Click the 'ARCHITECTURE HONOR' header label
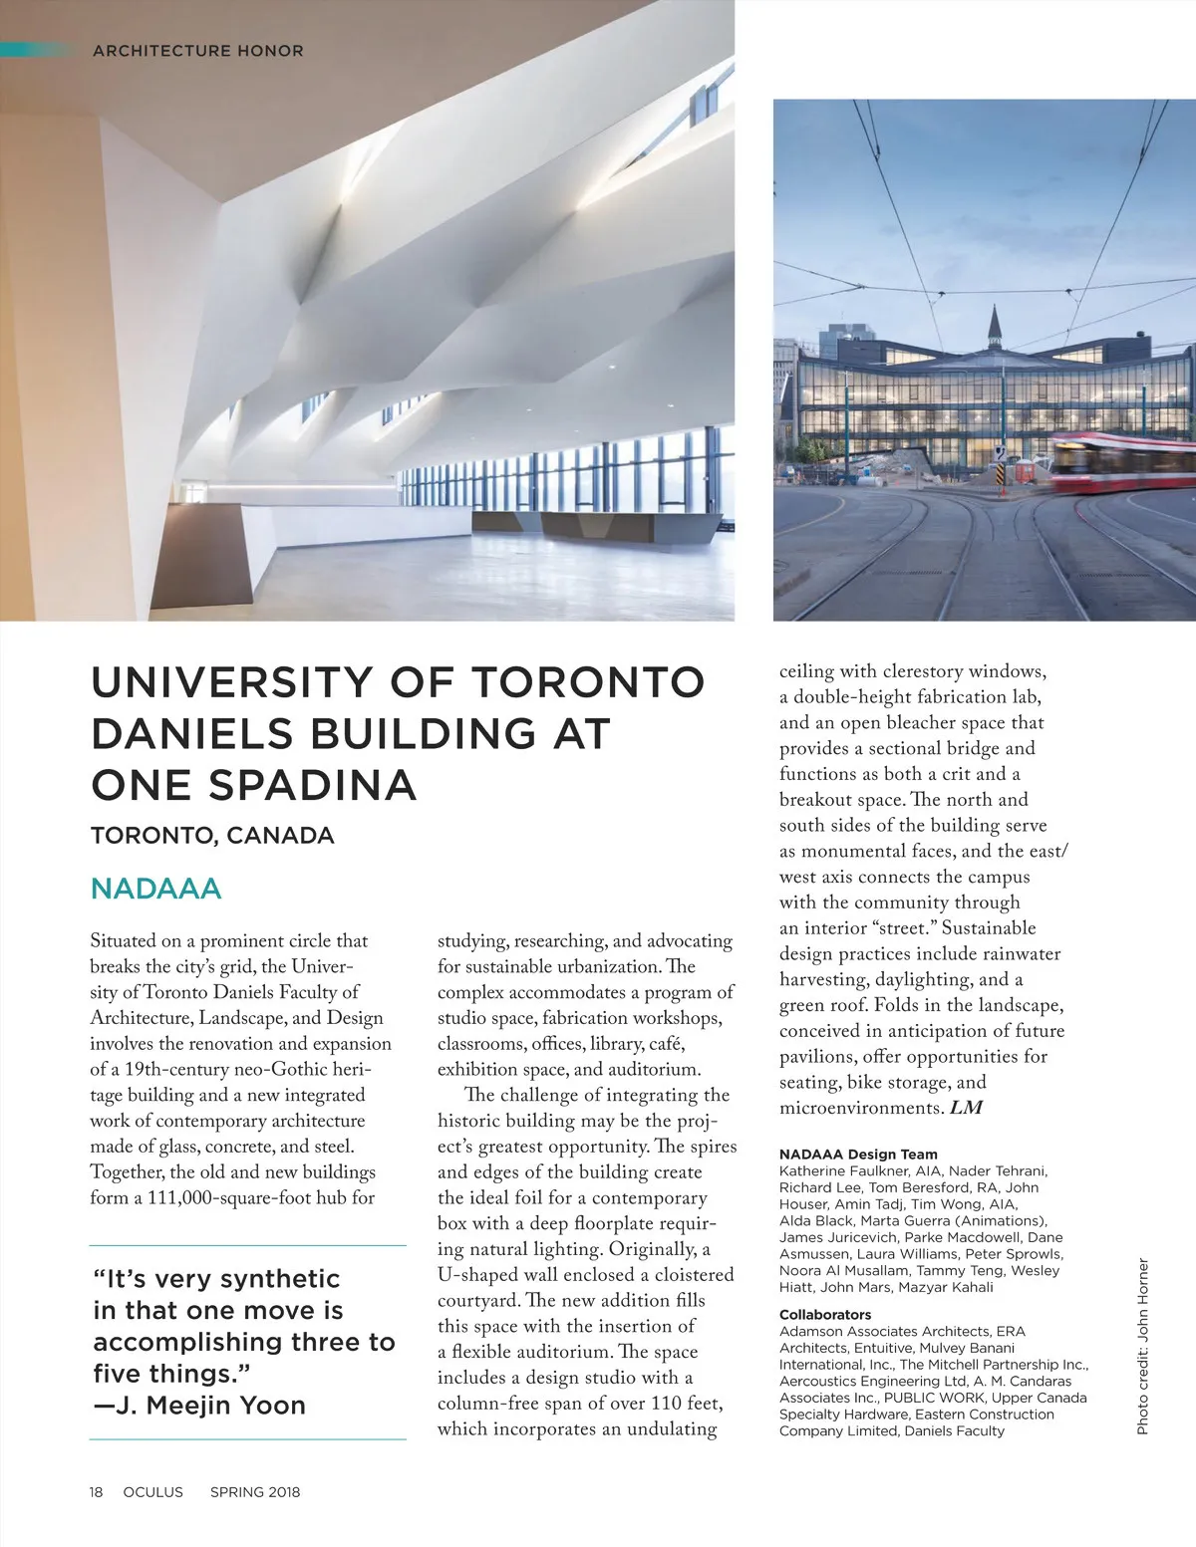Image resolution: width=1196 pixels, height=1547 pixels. click(197, 51)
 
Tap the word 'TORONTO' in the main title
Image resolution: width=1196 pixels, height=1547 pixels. click(587, 682)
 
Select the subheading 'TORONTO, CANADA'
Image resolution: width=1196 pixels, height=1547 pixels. click(212, 836)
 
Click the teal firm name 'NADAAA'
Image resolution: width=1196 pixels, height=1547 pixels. click(155, 889)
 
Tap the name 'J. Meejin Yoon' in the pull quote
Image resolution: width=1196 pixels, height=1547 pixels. click(226, 1406)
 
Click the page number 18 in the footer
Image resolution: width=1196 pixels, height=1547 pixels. click(96, 1492)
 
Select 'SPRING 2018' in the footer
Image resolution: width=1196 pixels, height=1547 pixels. click(255, 1492)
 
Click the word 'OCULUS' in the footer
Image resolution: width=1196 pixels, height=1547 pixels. click(153, 1492)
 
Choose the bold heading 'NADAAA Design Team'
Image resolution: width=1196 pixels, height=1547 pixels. click(858, 1155)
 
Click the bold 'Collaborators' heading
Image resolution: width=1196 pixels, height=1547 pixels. click(825, 1315)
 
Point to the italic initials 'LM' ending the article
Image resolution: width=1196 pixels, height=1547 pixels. click(966, 1108)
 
